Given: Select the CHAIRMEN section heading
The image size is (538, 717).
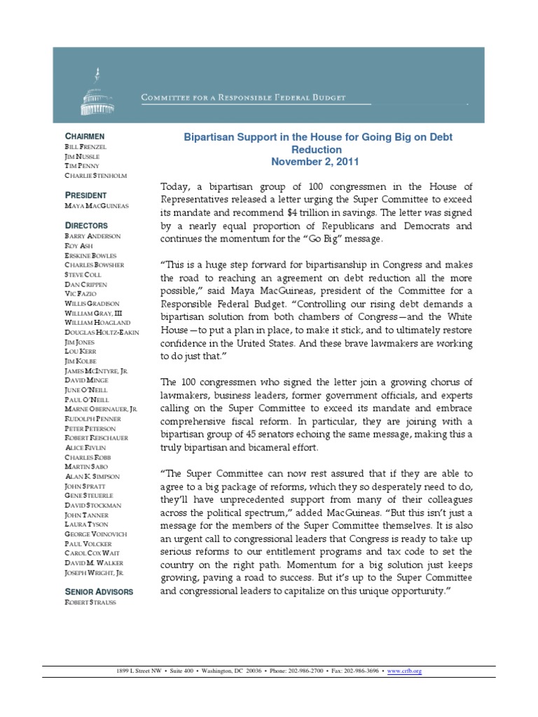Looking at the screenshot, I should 84,136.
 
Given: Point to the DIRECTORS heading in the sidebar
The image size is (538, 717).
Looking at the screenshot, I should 86,225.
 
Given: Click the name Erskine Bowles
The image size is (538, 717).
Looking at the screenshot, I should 90,256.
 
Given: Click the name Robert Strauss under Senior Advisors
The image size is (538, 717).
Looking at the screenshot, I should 90,602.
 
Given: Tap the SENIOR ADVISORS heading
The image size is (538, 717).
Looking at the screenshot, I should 98,592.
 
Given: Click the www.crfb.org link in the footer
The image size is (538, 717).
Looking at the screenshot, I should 408,671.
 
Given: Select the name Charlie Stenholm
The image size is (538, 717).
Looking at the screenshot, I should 95,176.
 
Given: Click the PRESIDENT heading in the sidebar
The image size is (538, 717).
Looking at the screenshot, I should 85,195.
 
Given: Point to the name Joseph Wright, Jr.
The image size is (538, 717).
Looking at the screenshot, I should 95,571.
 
